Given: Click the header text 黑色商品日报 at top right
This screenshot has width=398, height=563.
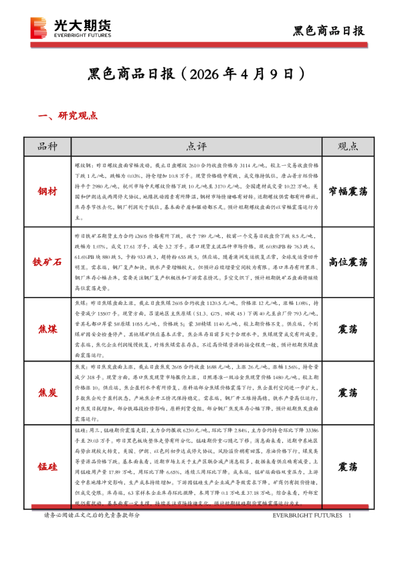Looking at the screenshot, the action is click(x=329, y=30).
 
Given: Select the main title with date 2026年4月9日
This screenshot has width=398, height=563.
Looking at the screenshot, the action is click(x=199, y=73).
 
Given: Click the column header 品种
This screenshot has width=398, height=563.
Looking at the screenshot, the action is click(x=49, y=146).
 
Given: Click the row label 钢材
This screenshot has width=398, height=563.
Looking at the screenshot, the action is click(x=49, y=191).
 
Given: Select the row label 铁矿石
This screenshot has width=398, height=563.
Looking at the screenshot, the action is click(x=49, y=261).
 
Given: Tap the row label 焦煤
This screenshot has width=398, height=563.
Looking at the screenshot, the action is click(x=49, y=328).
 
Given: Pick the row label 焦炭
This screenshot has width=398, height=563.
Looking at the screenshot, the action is click(x=49, y=392).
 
